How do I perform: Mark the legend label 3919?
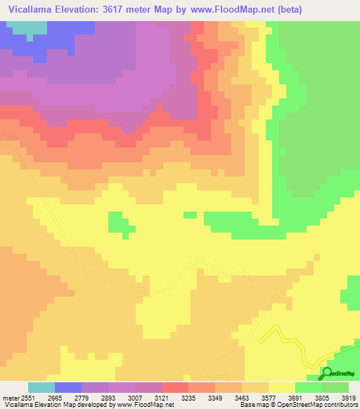point(349,397)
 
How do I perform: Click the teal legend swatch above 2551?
point(41,387)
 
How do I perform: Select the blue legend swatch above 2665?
point(68,387)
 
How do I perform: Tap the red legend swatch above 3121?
point(175,387)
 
